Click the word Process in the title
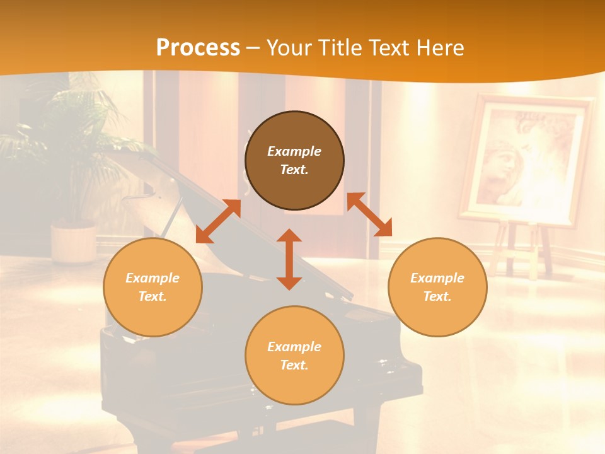[x=198, y=48]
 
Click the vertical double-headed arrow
[x=289, y=259]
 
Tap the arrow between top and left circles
[x=218, y=221]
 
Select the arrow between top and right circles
[x=369, y=214]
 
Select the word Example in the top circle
[x=294, y=151]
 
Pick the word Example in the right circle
[x=437, y=278]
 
